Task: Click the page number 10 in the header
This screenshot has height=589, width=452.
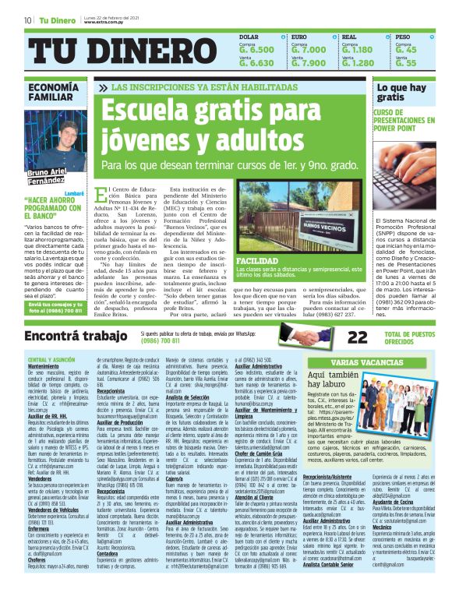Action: click(x=27, y=19)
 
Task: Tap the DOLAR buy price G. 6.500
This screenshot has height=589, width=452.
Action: click(x=256, y=49)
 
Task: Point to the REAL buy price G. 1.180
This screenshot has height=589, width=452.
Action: click(x=358, y=49)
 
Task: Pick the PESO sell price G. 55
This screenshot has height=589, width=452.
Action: click(x=406, y=63)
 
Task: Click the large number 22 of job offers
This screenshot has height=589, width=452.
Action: click(x=358, y=337)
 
